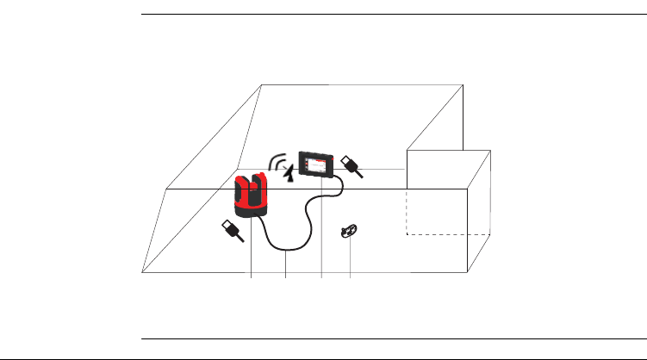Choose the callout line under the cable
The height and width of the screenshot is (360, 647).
(x=285, y=264)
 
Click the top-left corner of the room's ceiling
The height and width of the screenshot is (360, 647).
(x=261, y=84)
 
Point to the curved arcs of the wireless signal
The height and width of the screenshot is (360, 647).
(x=277, y=160)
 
